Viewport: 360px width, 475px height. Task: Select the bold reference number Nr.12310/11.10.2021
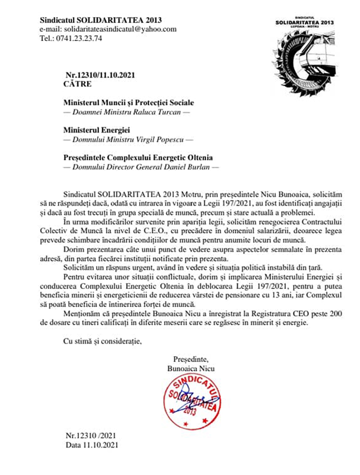[100, 75]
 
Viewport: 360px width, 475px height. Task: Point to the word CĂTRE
[78, 84]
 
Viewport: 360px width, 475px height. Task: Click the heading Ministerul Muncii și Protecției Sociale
[128, 103]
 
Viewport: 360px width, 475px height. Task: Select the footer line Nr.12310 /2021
[91, 436]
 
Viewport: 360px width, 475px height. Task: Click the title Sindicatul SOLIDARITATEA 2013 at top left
[101, 20]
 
